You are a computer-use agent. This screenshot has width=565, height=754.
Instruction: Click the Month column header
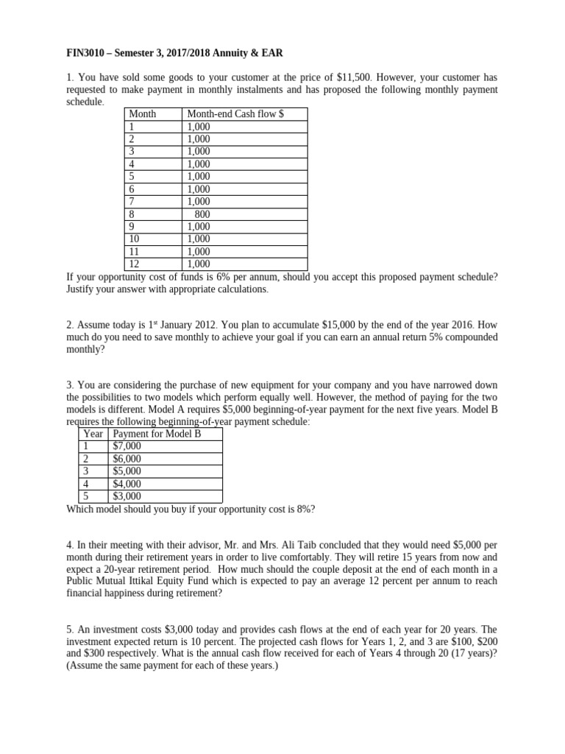point(143,114)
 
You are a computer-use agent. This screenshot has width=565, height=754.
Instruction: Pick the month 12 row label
point(134,264)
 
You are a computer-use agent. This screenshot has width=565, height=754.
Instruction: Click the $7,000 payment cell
point(127,446)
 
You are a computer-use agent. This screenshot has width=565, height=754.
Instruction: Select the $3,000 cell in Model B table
point(127,496)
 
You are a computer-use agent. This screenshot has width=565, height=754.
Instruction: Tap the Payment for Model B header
point(157,434)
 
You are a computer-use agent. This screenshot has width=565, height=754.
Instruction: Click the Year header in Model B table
point(93,434)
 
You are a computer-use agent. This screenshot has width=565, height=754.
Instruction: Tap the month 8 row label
point(132,214)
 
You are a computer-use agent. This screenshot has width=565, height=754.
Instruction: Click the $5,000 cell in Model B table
point(127,471)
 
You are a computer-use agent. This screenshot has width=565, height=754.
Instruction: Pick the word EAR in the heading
point(271,53)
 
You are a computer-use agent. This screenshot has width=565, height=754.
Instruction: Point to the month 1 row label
point(132,127)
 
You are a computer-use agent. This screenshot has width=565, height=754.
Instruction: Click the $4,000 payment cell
point(127,484)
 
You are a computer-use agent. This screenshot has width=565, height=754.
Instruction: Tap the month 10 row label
point(134,239)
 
